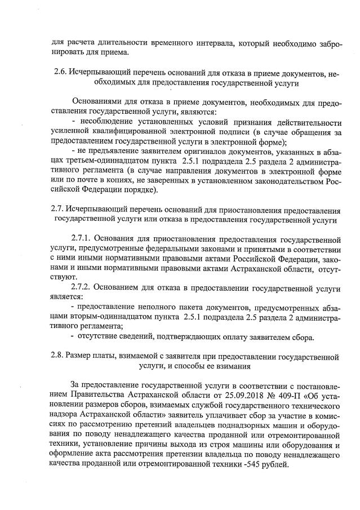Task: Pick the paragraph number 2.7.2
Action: (83, 287)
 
